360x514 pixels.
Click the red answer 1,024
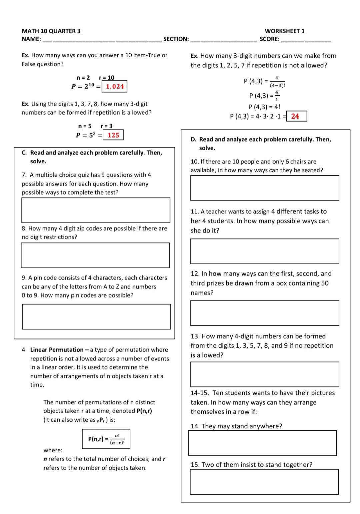coord(115,87)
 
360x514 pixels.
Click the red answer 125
coord(113,135)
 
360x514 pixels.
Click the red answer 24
coord(295,116)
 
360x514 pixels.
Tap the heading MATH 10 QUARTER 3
coord(51,31)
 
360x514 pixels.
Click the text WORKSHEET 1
coord(284,31)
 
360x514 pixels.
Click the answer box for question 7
coord(96,210)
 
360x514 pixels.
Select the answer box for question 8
coord(95,255)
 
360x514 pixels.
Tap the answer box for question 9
coord(96,316)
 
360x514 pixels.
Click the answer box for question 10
coord(265,188)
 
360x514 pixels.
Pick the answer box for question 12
coord(265,313)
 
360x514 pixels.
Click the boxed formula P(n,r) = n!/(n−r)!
coord(106,439)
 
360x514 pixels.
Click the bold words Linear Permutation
coord(57,350)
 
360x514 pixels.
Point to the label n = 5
coord(85,126)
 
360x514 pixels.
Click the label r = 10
coord(107,78)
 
